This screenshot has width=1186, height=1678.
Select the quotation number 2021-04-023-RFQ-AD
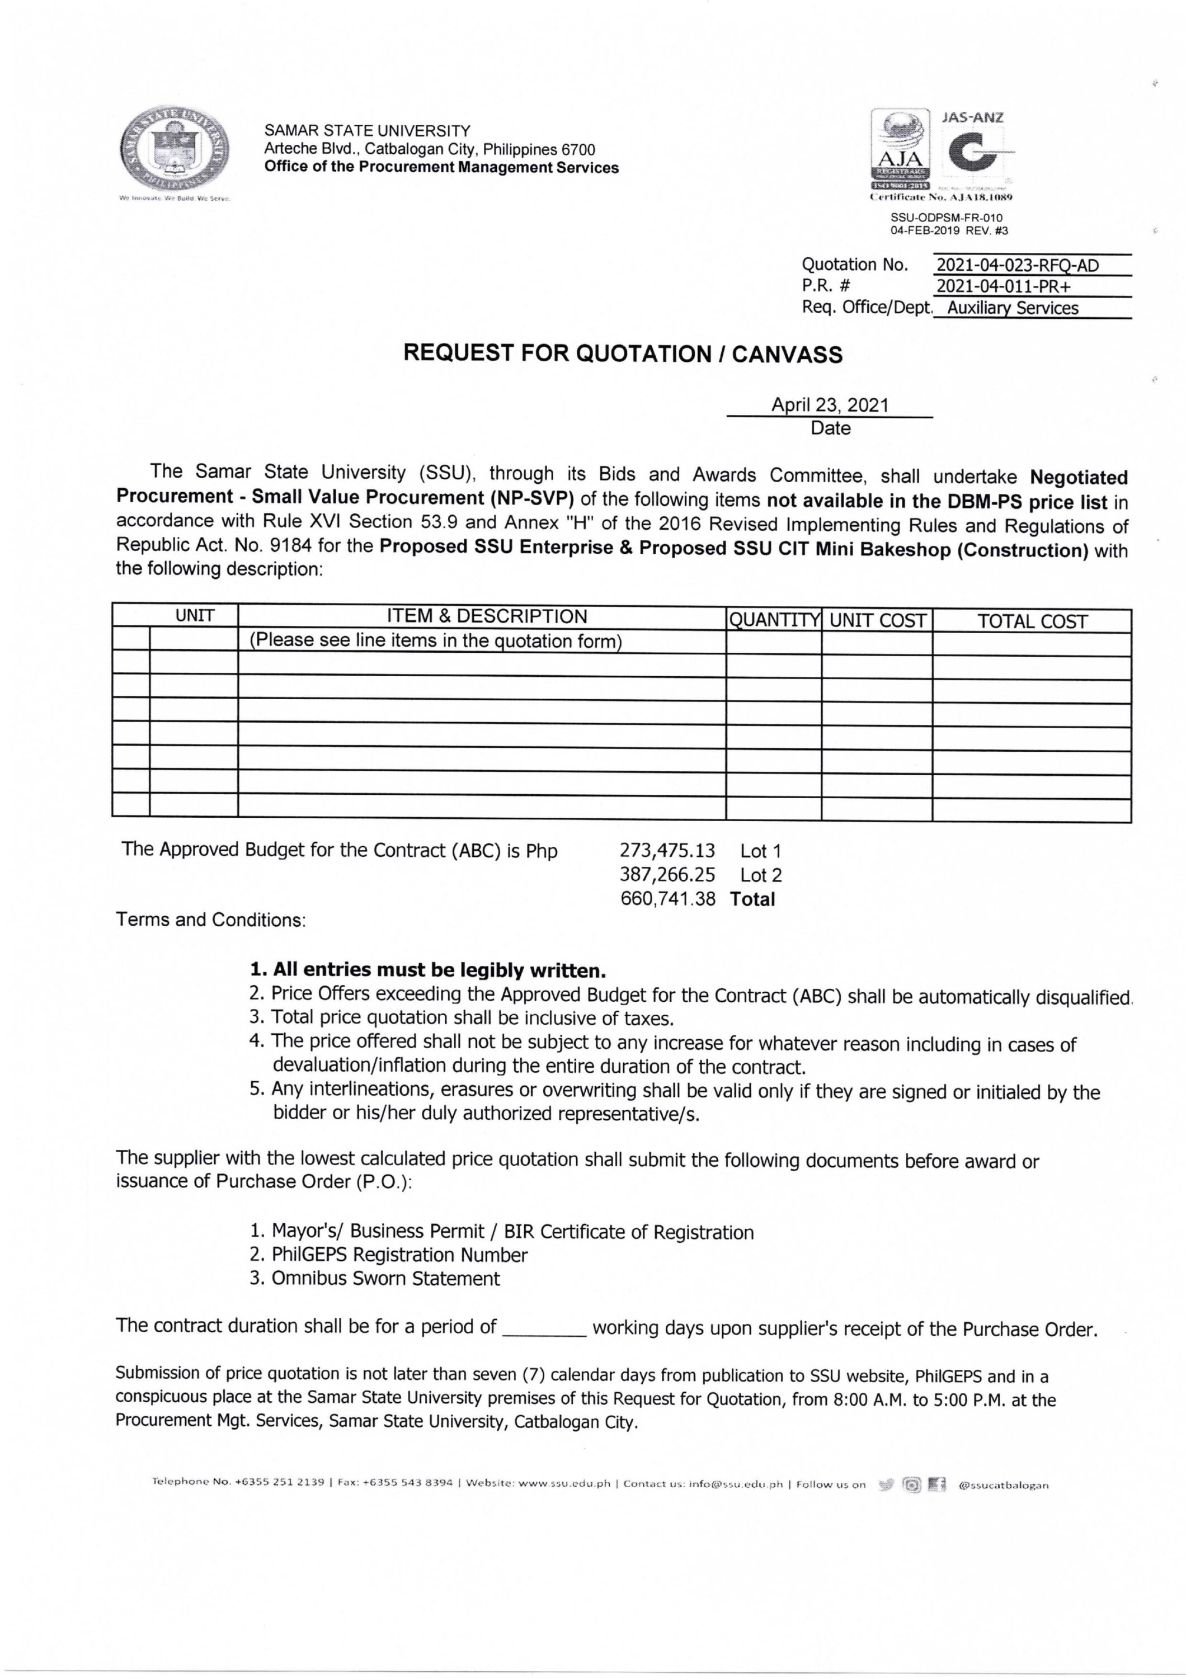[1017, 265]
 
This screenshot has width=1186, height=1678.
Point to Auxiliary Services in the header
[1012, 308]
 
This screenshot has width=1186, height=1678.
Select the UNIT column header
[194, 615]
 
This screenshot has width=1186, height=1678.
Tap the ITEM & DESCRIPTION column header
[486, 616]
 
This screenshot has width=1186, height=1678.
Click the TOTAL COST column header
[1032, 622]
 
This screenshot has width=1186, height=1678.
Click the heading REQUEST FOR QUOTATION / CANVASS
[623, 355]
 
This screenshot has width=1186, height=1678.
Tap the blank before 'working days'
[544, 1327]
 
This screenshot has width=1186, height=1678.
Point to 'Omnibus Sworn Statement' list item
[385, 1278]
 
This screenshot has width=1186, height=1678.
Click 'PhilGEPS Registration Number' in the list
[399, 1255]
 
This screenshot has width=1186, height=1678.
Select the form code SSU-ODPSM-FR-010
[947, 218]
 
